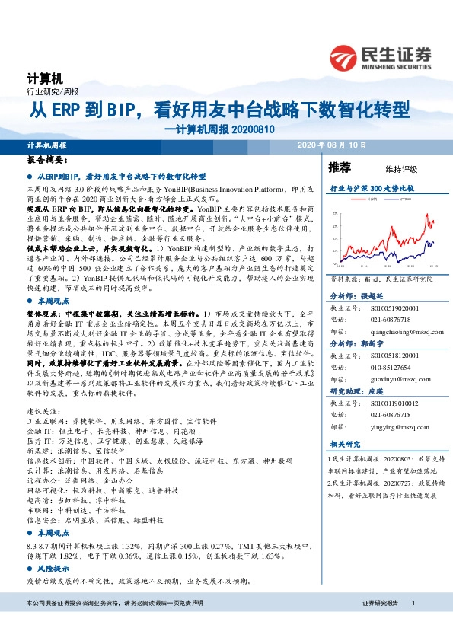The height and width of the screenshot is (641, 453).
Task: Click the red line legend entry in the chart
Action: coord(371,199)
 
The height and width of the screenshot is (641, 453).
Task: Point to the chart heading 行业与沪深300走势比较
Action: coord(371,187)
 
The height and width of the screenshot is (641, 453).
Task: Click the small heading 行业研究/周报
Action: coord(47,91)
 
